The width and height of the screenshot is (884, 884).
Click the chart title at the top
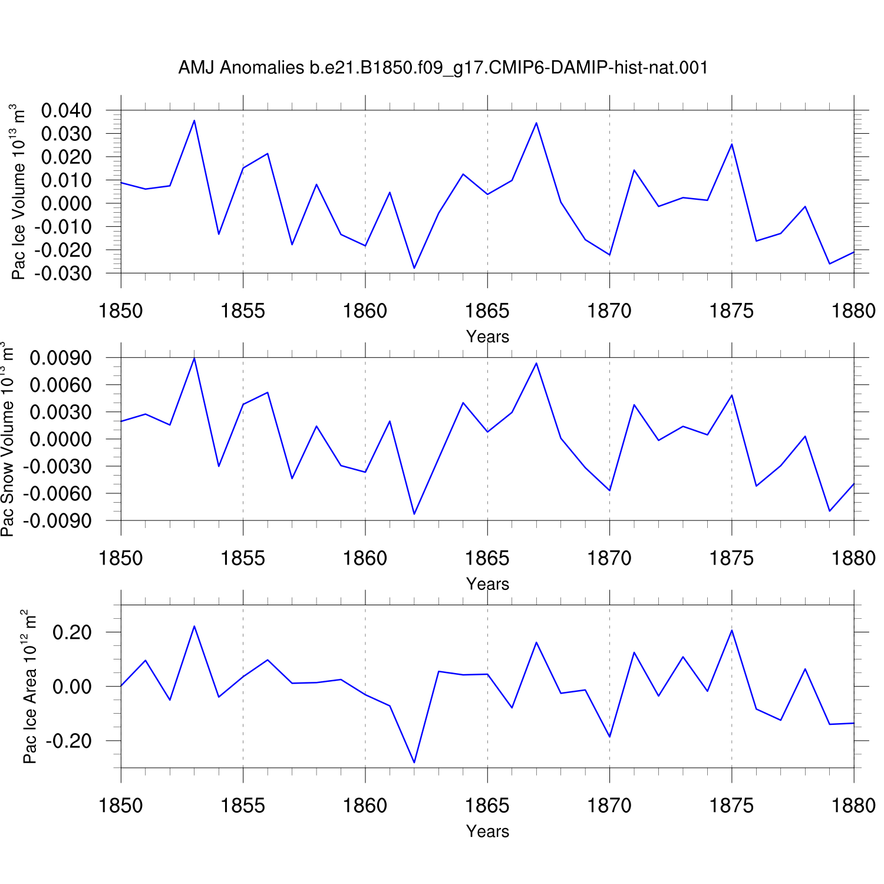[x=443, y=68]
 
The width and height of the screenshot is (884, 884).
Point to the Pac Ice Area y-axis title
[x=29, y=687]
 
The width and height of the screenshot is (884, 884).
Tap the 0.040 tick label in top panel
[x=67, y=110]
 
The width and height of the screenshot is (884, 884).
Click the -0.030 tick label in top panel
[x=62, y=273]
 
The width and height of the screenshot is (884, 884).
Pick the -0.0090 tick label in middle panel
[x=57, y=521]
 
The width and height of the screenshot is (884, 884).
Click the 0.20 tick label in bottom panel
[x=72, y=632]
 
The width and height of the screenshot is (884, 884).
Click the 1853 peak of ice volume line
[x=194, y=120]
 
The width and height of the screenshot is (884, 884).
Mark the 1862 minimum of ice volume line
[x=414, y=268]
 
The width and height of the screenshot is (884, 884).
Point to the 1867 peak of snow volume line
[x=536, y=363]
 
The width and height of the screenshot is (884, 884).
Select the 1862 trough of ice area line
[x=414, y=763]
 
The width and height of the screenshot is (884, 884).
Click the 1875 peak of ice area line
[x=732, y=630]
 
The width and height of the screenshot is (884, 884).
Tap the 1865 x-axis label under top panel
[x=487, y=311]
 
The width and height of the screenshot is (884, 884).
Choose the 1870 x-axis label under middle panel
[x=609, y=558]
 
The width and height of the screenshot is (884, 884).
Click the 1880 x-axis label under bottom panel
[x=853, y=806]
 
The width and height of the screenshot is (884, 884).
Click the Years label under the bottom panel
[x=487, y=831]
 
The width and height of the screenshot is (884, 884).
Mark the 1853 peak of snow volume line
[x=194, y=358]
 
